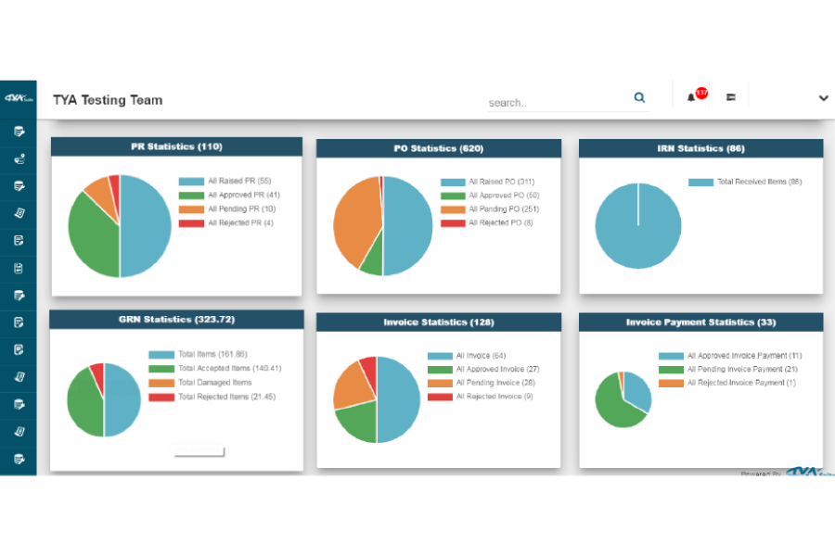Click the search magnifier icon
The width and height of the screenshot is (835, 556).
639,97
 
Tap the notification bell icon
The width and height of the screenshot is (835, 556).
691,97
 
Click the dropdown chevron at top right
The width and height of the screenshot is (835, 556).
823,98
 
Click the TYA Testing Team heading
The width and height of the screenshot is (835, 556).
108,100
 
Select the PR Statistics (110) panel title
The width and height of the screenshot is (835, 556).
176,146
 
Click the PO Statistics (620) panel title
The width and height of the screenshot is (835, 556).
439,148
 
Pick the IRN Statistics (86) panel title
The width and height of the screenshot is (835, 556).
700,148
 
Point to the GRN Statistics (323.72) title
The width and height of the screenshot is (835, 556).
176,319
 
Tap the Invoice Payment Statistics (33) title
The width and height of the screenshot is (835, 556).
700,322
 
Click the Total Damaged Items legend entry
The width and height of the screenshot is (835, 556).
214,383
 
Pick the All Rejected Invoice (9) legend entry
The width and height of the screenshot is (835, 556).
493,397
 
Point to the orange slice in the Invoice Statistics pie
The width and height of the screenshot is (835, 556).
352,385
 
